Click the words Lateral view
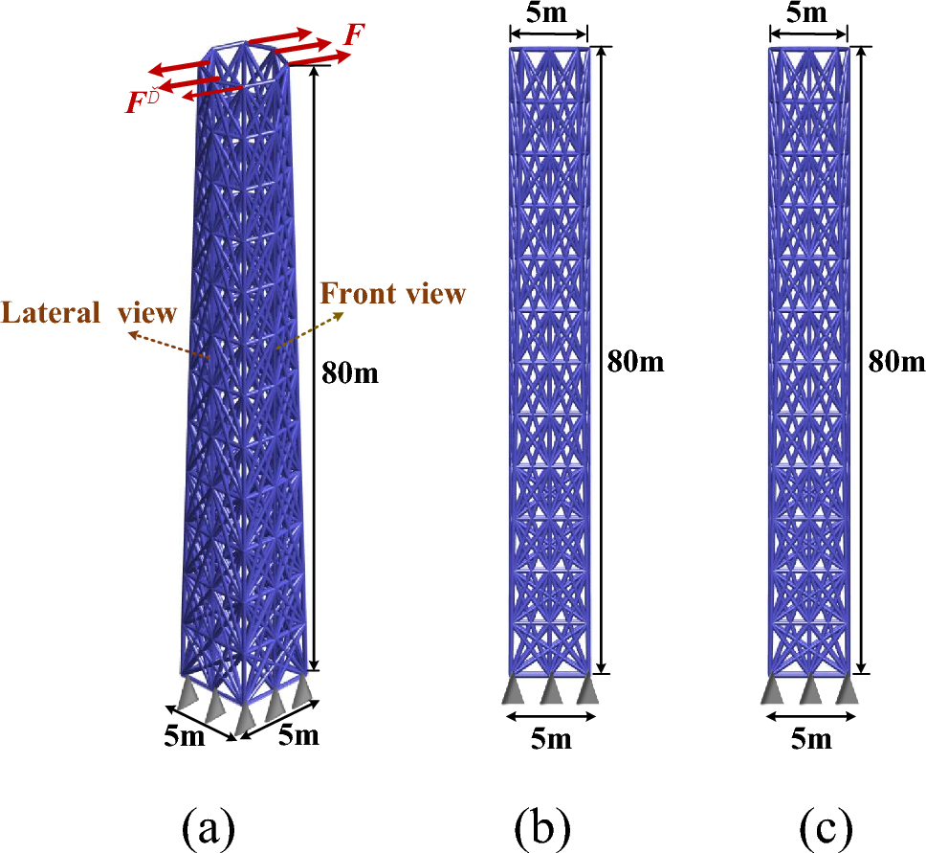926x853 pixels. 89,313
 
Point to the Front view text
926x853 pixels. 392,294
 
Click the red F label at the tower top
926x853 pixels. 354,36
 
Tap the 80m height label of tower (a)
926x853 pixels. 349,372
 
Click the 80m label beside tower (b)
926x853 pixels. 634,361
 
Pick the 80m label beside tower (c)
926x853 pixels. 896,361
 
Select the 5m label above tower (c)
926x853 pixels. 807,13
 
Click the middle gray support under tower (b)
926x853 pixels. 550,689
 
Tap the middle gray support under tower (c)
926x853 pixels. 809,689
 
